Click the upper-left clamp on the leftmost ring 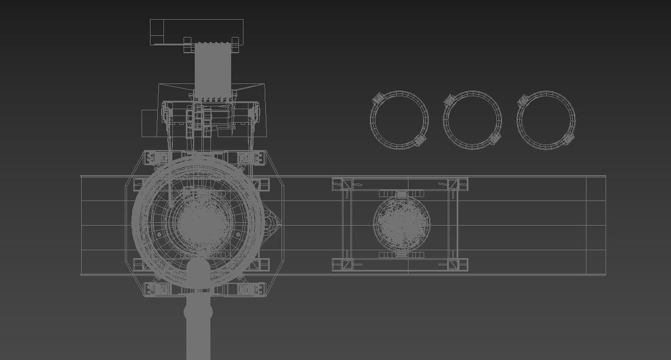point(378,99)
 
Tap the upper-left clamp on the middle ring point(449,101)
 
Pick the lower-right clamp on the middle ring point(494,138)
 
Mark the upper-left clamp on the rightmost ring point(523,101)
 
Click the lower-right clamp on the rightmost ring point(568,138)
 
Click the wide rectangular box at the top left point(196,31)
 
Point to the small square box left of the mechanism point(149,123)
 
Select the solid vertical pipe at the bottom point(198,330)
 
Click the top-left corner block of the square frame point(338,185)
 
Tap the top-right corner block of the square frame point(462,184)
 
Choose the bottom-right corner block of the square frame point(462,264)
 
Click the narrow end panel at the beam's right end point(595,225)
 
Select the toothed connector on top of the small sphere point(401,194)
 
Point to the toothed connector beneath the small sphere point(401,254)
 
